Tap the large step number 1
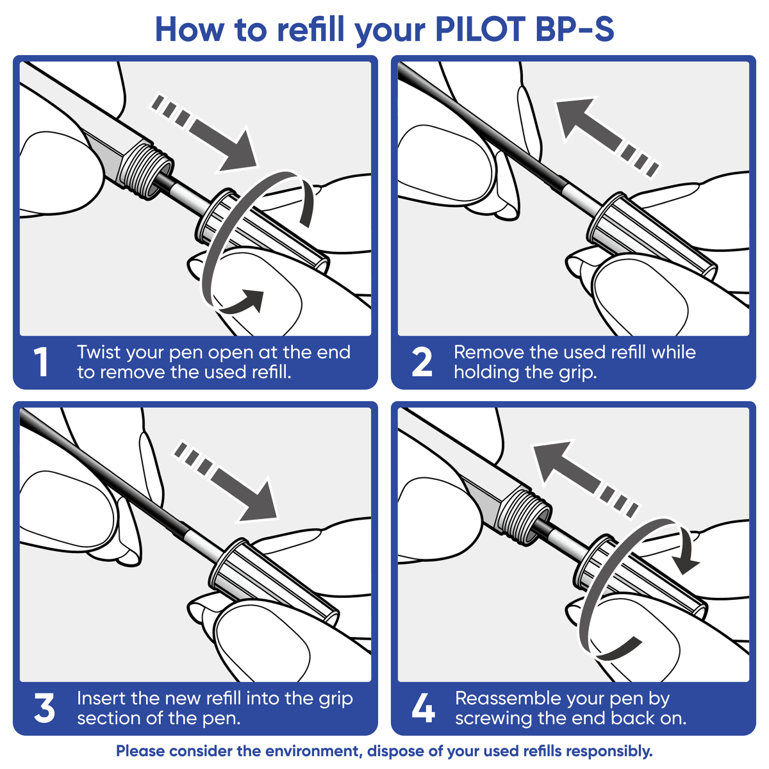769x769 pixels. pyautogui.click(x=42, y=362)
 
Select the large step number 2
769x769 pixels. pyautogui.click(x=422, y=362)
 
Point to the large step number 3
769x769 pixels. pyautogui.click(x=44, y=709)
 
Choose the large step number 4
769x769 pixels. pyautogui.click(x=423, y=709)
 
